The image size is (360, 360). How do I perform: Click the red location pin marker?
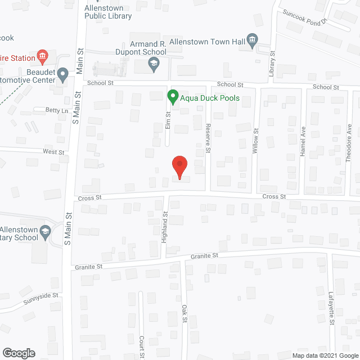179,167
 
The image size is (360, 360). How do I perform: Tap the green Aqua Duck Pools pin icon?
173,97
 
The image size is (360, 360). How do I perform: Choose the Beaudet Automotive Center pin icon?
63,73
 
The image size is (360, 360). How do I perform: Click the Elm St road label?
168,121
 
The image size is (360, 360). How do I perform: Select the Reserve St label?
208,137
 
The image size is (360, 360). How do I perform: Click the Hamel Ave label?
302,145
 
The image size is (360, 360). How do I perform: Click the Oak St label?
184,314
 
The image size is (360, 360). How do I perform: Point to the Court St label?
142,348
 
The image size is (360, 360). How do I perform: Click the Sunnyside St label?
40,298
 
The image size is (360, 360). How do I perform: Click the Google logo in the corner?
18,353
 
